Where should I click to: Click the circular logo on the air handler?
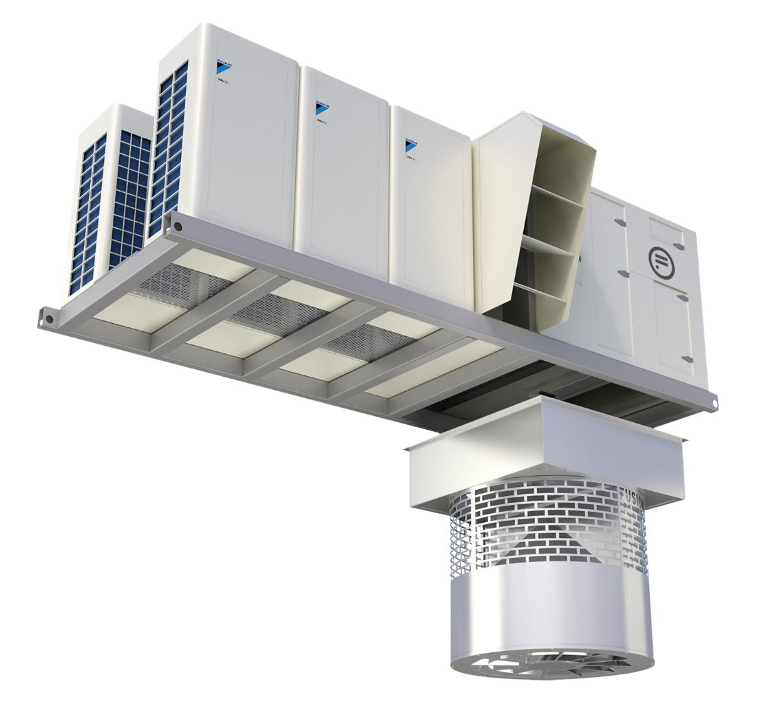(x=662, y=259)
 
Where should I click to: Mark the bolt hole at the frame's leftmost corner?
(x=49, y=319)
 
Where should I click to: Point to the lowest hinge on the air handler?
(x=685, y=359)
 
